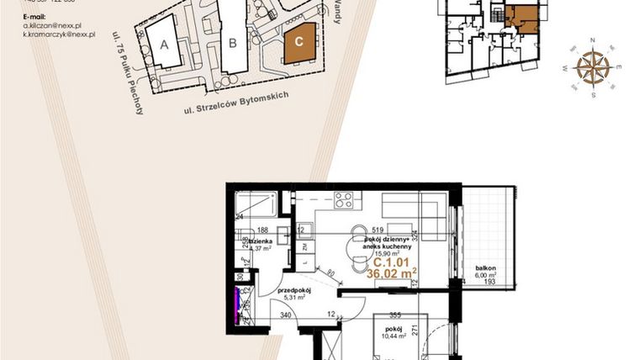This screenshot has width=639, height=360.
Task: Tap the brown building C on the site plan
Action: point(300,45)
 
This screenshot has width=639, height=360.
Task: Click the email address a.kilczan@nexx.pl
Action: point(52,26)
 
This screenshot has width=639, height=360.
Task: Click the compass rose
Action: point(594,67)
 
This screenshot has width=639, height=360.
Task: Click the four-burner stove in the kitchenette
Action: point(343,200)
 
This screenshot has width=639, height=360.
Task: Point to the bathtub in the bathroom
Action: point(258,206)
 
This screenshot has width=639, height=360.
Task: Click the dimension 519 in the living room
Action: point(378,228)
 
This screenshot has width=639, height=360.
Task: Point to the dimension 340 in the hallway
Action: point(286,316)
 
